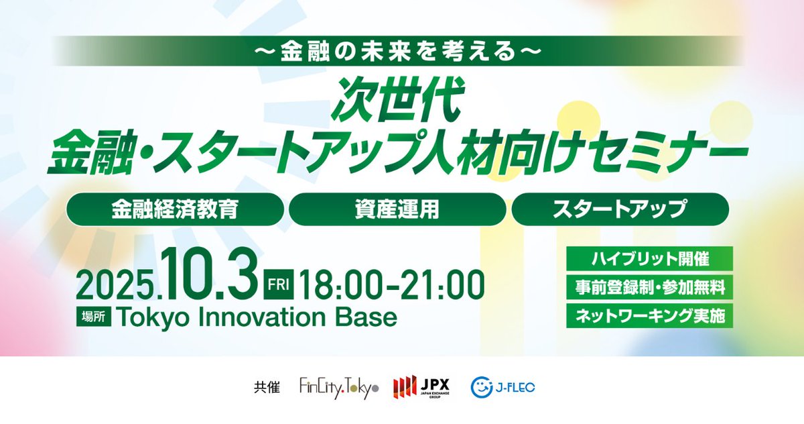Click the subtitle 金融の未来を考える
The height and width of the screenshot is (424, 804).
400,51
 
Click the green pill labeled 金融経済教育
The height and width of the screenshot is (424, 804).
175,209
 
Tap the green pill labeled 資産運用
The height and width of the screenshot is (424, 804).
397,209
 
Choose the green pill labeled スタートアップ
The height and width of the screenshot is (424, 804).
620,209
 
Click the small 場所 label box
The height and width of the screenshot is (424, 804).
92,319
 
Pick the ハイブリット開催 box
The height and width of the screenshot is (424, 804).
649,258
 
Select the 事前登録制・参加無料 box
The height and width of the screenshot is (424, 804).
649,288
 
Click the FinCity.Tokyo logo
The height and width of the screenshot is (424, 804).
339,388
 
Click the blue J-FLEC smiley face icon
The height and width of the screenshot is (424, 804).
482,387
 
